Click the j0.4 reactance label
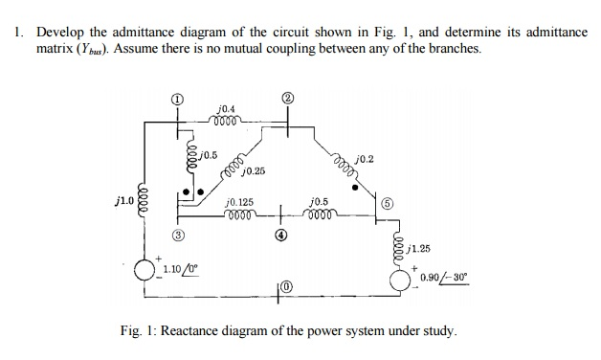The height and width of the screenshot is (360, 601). coord(227,109)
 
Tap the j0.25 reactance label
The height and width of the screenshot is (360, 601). coord(254,171)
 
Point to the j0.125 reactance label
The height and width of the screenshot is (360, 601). coord(238,202)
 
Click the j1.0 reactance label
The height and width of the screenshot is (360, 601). coord(122,202)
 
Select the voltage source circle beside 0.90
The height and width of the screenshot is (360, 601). coord(398,279)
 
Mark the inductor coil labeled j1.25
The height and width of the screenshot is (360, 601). coord(398,246)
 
